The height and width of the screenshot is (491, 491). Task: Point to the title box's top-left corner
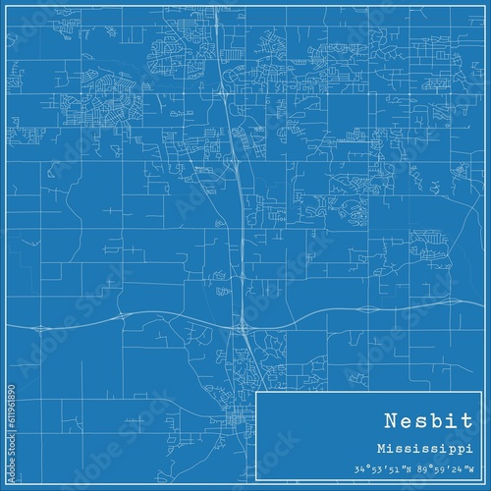pos(255,392)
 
